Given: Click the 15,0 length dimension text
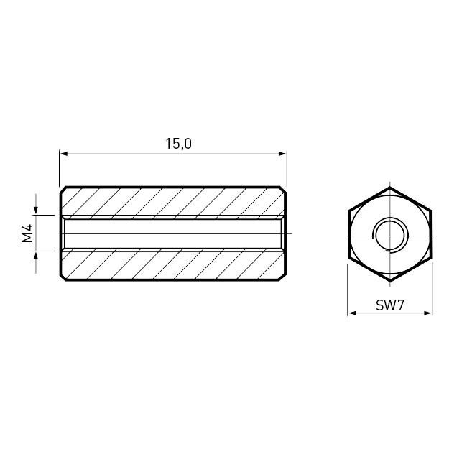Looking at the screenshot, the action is click(x=178, y=144).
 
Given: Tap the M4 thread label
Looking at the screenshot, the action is click(x=27, y=233).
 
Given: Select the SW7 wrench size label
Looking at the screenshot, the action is click(x=389, y=305).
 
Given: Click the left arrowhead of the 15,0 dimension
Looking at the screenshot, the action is click(x=64, y=154).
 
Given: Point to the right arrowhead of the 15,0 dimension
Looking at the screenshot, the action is click(x=282, y=154).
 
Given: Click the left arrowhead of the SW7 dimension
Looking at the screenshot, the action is click(x=352, y=313).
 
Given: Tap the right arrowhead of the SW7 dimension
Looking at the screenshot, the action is click(x=428, y=313).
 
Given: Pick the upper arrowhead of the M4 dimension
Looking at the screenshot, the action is click(x=36, y=211).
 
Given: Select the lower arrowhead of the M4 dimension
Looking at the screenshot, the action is click(x=36, y=256).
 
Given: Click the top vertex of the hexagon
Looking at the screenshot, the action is click(x=390, y=188).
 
